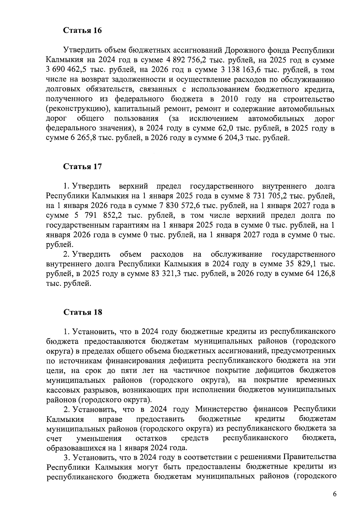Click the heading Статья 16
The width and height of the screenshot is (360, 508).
(x=82, y=31)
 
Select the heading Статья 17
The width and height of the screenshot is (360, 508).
(x=82, y=167)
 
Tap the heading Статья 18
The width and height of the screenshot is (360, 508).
(x=82, y=312)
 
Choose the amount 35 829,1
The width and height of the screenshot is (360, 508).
(x=298, y=264)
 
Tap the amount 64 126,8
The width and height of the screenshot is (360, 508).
(x=320, y=274)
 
